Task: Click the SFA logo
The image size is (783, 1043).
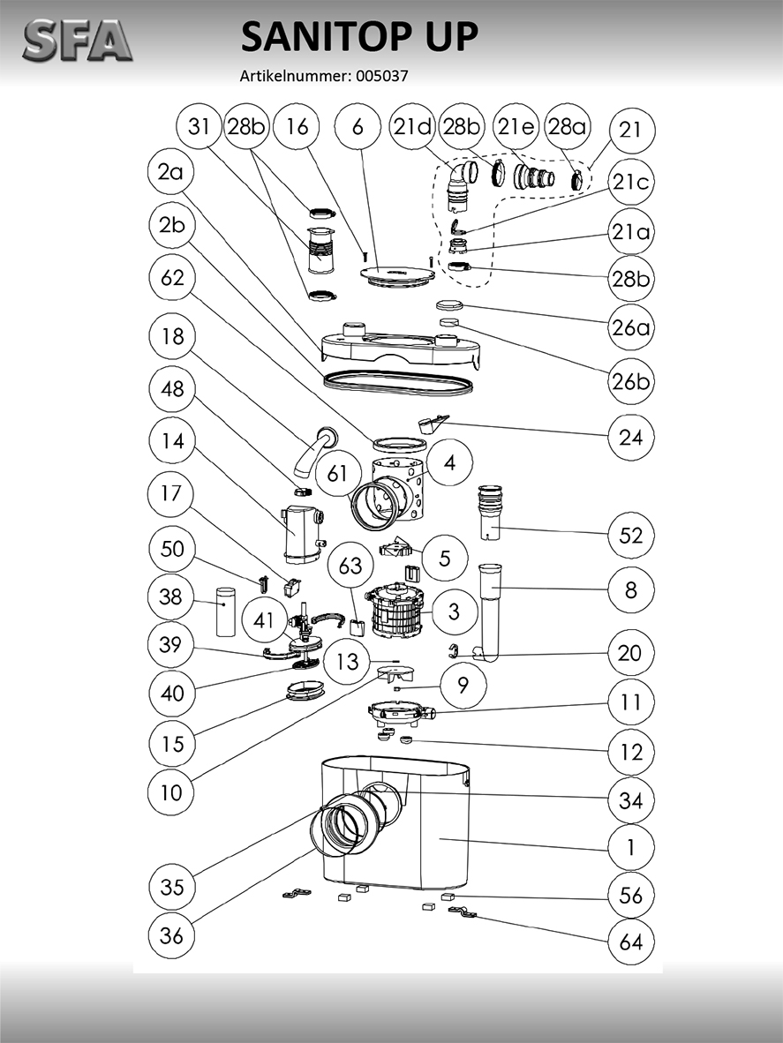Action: click(x=77, y=41)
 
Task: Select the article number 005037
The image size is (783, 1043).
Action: click(x=381, y=76)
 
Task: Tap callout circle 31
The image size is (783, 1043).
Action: click(x=200, y=127)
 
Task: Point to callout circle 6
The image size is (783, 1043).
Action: click(x=358, y=127)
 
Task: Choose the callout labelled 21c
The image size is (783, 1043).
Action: click(x=631, y=183)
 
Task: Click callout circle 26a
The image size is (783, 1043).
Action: click(x=631, y=328)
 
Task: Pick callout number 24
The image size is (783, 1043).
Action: click(x=631, y=437)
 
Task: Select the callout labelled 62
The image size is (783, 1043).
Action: click(x=172, y=278)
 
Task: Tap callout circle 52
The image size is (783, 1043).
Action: click(x=631, y=536)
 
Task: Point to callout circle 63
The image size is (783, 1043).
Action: click(x=350, y=565)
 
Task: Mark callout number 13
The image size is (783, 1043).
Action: click(x=347, y=660)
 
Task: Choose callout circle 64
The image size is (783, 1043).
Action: click(x=631, y=942)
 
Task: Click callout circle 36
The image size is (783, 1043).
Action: click(x=172, y=934)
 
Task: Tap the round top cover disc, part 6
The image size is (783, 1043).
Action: click(x=397, y=273)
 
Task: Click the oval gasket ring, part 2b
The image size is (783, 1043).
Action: click(x=397, y=382)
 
